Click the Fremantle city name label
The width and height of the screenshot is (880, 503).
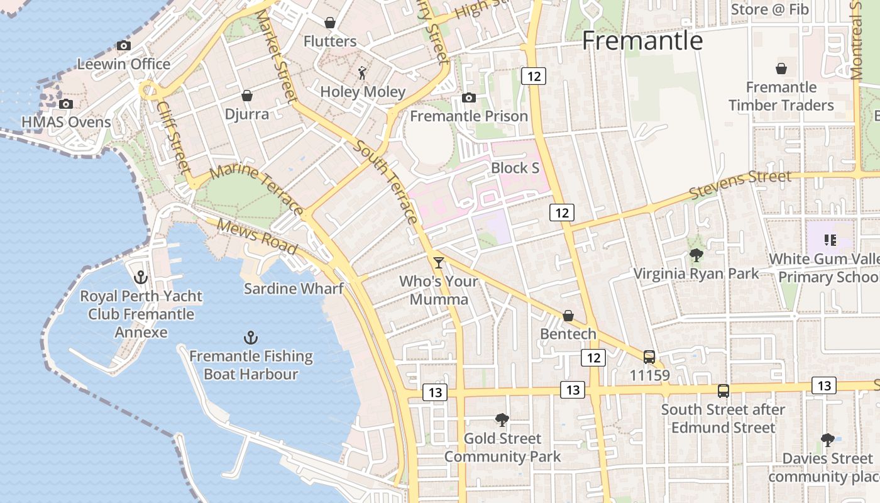(x=642, y=41)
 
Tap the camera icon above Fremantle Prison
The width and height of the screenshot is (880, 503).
(x=468, y=97)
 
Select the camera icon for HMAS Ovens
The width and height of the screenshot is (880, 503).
(x=65, y=104)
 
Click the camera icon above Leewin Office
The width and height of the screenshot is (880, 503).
(x=124, y=45)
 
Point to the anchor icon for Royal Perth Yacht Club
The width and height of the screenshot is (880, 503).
(x=141, y=277)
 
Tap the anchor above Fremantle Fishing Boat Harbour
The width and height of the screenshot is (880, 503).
(x=251, y=338)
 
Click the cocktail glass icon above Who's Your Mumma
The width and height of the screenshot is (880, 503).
(x=439, y=262)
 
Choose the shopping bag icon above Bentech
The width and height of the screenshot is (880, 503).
(x=568, y=315)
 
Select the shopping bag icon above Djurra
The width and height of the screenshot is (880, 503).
(x=247, y=96)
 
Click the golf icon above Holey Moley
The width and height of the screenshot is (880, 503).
(x=362, y=73)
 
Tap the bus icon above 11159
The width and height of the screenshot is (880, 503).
(x=649, y=357)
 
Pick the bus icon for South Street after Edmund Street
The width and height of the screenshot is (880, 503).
(x=723, y=391)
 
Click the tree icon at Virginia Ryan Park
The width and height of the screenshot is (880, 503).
(x=696, y=255)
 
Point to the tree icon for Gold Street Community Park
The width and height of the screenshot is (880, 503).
(x=502, y=419)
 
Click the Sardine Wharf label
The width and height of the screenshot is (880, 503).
(x=294, y=289)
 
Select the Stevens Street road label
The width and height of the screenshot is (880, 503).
(x=740, y=183)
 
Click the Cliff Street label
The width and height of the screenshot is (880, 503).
(x=173, y=138)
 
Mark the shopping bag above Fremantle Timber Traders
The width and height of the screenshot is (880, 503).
(x=781, y=69)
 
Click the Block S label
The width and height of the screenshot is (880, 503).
(x=515, y=168)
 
